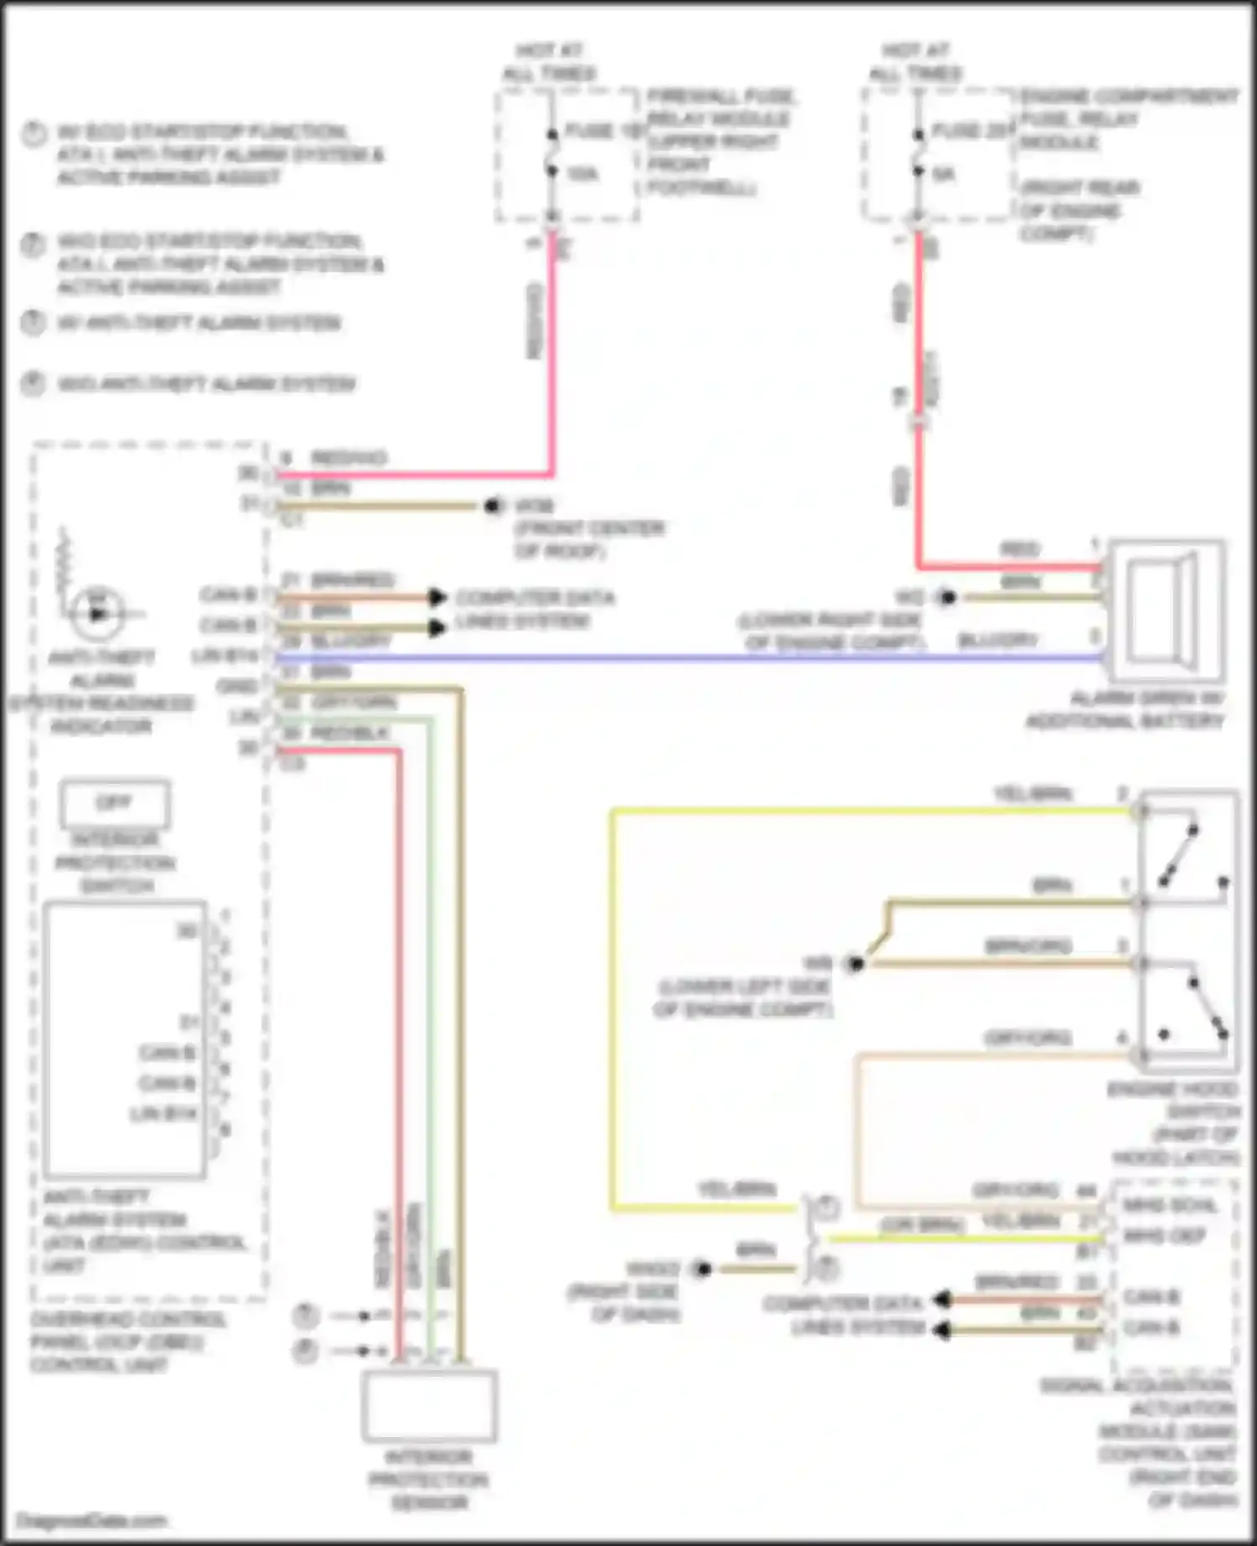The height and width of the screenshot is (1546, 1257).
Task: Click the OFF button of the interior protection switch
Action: click(x=115, y=803)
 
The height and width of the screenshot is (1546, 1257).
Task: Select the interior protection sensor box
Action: click(x=429, y=1405)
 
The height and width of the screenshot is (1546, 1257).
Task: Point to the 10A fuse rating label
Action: click(x=582, y=174)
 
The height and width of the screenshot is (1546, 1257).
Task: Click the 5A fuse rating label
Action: click(x=944, y=174)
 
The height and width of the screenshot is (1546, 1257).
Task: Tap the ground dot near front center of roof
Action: click(x=493, y=506)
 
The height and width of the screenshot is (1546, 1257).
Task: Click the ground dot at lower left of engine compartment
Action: click(x=854, y=964)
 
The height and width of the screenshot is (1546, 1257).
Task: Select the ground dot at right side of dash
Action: click(x=701, y=1270)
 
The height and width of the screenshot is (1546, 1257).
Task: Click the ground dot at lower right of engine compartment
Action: click(x=947, y=598)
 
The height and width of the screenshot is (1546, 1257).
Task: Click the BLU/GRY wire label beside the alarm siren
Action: click(x=997, y=641)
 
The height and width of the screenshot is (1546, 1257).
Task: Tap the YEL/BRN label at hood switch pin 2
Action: click(x=1032, y=794)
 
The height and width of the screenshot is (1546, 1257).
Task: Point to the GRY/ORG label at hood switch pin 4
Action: click(x=1027, y=1038)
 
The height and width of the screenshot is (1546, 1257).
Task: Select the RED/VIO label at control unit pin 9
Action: click(x=349, y=458)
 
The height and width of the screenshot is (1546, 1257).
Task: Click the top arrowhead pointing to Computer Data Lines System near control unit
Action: click(x=437, y=597)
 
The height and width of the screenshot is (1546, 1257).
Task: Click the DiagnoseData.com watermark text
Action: click(x=92, y=1520)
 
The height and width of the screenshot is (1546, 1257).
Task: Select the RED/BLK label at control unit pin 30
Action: click(x=349, y=734)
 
